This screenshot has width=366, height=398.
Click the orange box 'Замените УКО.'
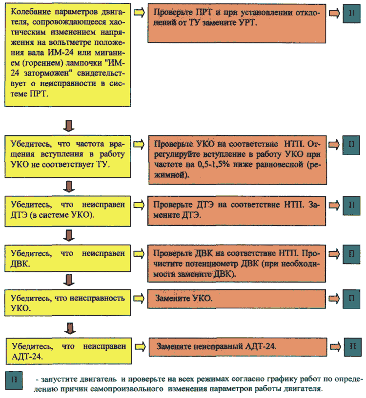click(x=237, y=299)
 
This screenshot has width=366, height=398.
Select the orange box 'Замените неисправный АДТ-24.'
click(x=238, y=347)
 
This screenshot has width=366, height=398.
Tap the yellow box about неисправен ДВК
click(x=68, y=258)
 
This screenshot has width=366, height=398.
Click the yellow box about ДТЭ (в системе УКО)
click(x=68, y=211)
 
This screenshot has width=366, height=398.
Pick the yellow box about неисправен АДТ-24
click(x=69, y=351)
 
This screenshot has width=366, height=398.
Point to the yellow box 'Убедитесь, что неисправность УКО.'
click(x=68, y=303)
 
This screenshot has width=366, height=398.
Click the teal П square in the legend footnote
click(x=14, y=380)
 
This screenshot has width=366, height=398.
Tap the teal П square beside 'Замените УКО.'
click(x=351, y=299)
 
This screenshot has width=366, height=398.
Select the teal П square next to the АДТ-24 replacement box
click(x=352, y=347)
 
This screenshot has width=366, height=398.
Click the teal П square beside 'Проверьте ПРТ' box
click(x=351, y=14)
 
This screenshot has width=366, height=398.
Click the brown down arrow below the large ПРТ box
click(x=69, y=126)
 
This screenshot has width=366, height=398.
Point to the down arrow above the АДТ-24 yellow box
click(x=70, y=328)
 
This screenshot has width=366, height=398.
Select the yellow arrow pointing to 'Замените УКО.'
click(x=139, y=298)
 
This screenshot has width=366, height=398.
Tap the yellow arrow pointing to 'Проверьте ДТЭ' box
click(x=139, y=205)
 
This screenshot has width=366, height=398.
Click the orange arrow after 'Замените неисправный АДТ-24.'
click(x=335, y=346)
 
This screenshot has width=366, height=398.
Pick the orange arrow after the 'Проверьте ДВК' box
click(x=334, y=254)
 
